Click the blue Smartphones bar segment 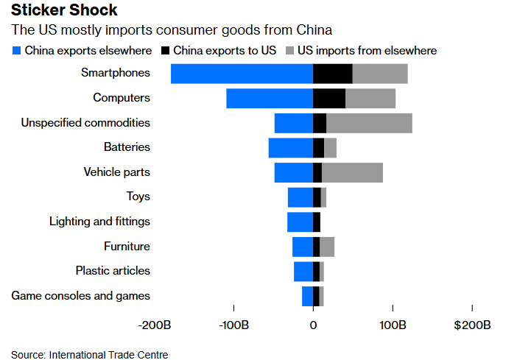[242, 74]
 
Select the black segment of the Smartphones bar [332, 74]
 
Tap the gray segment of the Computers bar [370, 98]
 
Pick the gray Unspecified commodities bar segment [369, 123]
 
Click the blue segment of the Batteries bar [290, 148]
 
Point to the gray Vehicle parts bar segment [352, 172]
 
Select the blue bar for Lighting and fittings [300, 222]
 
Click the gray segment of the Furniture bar [327, 247]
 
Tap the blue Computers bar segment [270, 98]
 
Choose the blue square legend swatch [16, 51]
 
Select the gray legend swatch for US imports [289, 51]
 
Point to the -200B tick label [155, 325]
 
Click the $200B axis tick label [472, 325]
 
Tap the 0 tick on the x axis [313, 325]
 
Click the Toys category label [138, 197]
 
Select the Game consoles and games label [81, 296]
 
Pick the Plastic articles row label [113, 271]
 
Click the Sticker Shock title [63, 12]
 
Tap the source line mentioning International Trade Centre [89, 355]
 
